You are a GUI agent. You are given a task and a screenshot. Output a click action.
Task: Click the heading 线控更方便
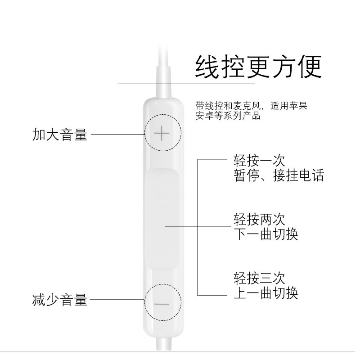pyautogui.click(x=258, y=67)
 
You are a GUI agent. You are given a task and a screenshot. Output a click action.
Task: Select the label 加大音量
pyautogui.click(x=60, y=134)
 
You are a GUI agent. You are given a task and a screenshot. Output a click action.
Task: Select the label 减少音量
pyautogui.click(x=60, y=299)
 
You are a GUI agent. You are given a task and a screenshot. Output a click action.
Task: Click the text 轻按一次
pyautogui.click(x=259, y=160)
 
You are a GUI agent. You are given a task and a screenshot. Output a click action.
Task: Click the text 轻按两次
pyautogui.click(x=259, y=220)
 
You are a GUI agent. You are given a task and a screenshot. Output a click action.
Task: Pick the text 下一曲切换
pyautogui.click(x=265, y=234)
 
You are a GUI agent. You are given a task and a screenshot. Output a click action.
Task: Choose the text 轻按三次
pyautogui.click(x=259, y=278)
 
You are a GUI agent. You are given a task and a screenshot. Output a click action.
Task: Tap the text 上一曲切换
pyautogui.click(x=265, y=293)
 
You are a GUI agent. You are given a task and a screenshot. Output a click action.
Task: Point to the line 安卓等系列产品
pyautogui.click(x=228, y=116)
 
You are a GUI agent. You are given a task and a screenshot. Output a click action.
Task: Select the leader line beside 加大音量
pyautogui.click(x=117, y=134)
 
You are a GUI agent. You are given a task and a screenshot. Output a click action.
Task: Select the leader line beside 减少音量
pyautogui.click(x=117, y=299)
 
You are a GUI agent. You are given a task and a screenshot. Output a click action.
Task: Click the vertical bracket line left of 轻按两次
pyautogui.click(x=199, y=227)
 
